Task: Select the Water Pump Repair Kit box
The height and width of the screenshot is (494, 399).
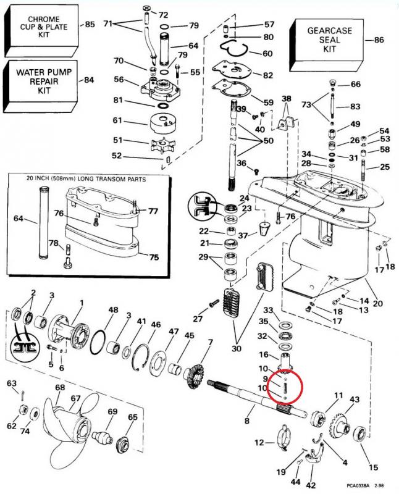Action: coord(40,86)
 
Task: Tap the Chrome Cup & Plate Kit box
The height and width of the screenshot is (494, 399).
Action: coord(41,30)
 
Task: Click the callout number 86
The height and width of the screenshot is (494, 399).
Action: coord(379,40)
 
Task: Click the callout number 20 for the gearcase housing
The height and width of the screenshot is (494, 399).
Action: coord(377,303)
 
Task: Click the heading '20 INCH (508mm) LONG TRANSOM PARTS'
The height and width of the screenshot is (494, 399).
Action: coord(86,179)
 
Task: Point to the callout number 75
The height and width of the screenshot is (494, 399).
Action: coord(154,257)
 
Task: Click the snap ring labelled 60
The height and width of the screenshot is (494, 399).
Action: coord(235,49)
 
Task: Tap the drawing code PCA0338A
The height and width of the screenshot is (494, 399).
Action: coord(358,486)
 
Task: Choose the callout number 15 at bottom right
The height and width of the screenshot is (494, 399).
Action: coord(374,467)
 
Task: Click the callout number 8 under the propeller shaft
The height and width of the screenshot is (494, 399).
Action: coord(247,421)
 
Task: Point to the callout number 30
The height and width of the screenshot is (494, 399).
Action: coord(237,348)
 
